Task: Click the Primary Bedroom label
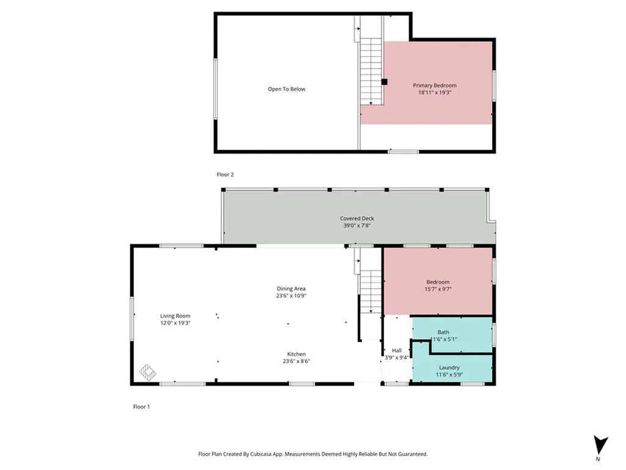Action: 435,85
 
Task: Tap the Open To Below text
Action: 286,89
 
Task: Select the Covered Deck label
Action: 357,218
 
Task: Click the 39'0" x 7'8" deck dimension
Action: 357,225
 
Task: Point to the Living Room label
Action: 175,316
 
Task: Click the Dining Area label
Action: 291,289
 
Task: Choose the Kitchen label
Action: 296,354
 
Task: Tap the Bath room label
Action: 443,332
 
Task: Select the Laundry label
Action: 449,368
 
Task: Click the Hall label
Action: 396,351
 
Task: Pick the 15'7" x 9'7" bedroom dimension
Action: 438,289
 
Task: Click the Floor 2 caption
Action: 225,174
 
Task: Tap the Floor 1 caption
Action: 141,407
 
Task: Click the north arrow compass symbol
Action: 600,446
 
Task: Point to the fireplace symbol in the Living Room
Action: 147,373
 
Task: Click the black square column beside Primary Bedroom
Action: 385,82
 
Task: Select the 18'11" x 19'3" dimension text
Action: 435,92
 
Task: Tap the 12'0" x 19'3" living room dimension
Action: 175,323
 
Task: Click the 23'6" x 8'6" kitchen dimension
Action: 296,361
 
